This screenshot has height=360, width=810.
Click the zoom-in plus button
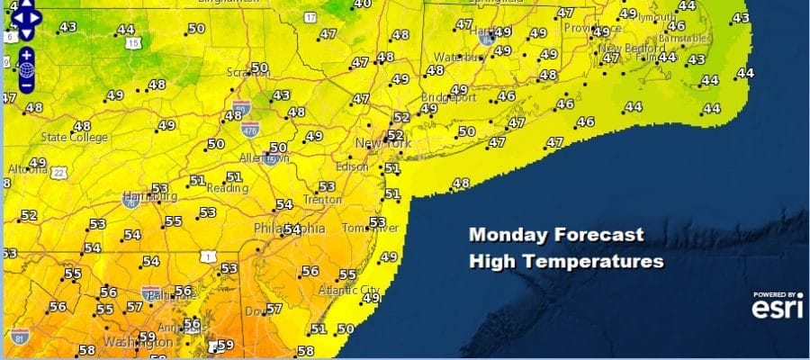(27, 54)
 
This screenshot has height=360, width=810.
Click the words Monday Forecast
(556, 236)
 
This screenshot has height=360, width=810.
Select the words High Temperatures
(566, 262)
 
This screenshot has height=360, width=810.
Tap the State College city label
(76, 138)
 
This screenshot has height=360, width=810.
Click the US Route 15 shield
(133, 42)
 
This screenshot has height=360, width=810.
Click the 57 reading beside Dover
(274, 309)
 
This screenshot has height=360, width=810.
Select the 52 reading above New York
(400, 118)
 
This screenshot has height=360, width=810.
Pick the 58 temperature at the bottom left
(86, 351)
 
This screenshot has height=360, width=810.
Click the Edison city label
(352, 167)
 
